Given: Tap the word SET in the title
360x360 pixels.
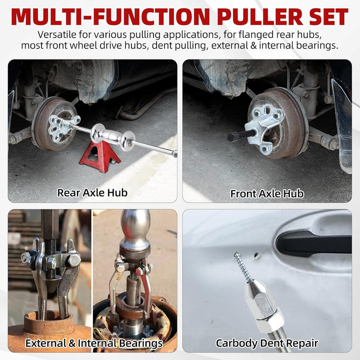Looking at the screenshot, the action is (329, 17).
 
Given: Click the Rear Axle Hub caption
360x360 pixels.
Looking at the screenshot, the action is (92, 192).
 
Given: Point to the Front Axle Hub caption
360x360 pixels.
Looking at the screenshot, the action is (267, 193).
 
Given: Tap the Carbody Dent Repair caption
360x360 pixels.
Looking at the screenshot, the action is (267, 343).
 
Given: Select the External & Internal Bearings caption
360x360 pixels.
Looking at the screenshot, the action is (94, 343).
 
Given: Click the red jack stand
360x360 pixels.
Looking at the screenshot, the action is (99, 156).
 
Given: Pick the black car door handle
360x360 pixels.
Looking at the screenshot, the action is (313, 244).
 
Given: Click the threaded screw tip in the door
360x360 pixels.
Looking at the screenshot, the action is (242, 267).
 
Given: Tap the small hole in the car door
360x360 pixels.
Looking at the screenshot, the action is (256, 255).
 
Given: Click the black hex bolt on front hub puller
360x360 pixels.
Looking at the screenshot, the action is (241, 135).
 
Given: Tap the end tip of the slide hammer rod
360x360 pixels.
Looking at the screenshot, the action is (175, 153).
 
